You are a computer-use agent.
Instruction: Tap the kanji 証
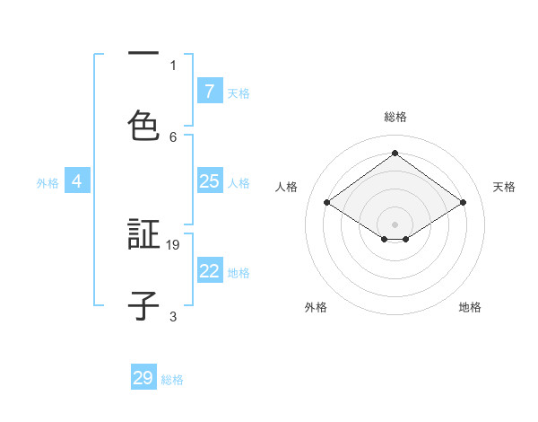143,234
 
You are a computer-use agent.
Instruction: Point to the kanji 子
143,305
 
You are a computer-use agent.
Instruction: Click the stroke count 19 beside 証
174,244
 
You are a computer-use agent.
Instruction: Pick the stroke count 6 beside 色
173,136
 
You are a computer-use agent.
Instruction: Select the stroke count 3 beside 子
173,316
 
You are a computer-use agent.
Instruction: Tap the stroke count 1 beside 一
173,65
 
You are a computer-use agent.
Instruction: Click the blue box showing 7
209,92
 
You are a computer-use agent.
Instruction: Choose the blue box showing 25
209,181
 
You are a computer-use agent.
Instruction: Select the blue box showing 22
209,271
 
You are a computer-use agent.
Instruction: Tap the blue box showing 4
77,181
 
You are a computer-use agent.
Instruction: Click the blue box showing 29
143,378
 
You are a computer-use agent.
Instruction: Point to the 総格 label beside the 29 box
172,380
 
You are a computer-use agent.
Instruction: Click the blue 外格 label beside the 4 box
48,182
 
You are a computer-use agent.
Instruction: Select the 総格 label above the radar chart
395,117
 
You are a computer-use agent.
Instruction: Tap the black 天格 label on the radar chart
504,187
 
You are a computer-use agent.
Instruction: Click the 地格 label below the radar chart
470,307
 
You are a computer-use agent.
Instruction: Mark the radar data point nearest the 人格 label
327,203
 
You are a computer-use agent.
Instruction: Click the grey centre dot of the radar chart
395,224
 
